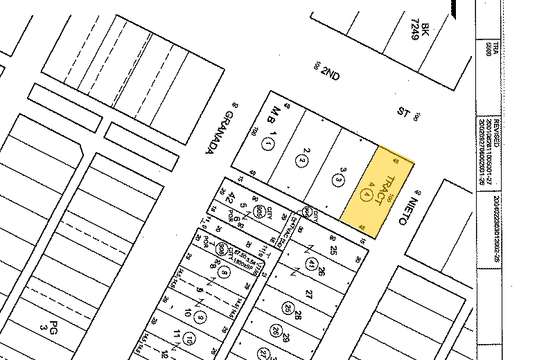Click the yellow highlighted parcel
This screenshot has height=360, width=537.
[378, 190]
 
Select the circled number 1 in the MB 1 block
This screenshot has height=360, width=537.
[269, 145]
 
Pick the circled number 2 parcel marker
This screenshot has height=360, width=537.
[302, 161]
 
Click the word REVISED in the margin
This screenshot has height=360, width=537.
[489, 129]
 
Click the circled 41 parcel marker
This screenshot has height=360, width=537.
[312, 263]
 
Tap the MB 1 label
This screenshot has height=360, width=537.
[275, 119]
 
